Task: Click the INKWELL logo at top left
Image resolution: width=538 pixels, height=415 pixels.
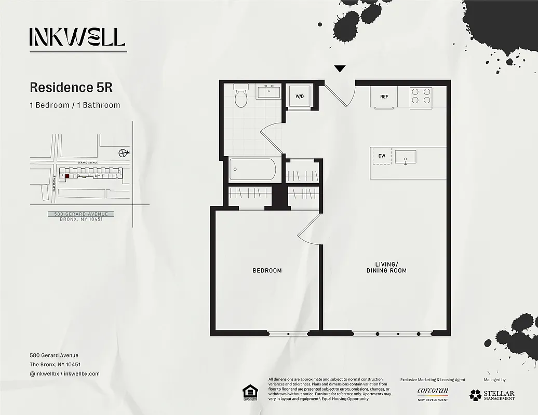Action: point(77,37)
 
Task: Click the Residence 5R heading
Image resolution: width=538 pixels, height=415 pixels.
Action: point(71,87)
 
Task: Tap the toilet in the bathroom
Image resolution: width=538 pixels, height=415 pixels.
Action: point(241,96)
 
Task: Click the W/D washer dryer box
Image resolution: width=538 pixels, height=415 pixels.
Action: point(300,96)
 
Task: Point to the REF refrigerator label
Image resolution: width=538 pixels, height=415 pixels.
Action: point(384,97)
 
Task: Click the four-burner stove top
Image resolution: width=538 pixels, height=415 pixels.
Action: point(421,96)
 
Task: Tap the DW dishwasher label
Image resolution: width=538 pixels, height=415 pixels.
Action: point(382,156)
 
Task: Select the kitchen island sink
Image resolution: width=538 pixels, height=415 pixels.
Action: point(406,157)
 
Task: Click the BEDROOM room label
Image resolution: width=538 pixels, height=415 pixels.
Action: point(267,270)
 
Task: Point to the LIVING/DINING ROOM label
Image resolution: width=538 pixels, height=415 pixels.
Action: point(386,267)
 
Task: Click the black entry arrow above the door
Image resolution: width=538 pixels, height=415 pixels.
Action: point(340,68)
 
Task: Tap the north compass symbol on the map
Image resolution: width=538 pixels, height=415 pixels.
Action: point(123,153)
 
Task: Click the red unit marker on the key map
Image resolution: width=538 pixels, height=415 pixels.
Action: point(67,176)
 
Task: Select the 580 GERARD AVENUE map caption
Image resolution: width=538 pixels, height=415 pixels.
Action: point(81,214)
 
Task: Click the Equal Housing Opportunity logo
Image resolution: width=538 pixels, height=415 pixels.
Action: point(250,393)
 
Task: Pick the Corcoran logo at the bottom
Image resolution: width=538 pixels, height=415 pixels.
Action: point(433,393)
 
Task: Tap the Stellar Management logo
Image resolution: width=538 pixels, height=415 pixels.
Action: point(492,395)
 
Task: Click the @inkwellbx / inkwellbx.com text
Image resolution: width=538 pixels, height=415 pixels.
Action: point(64,374)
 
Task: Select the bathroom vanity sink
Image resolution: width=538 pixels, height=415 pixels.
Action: point(268,92)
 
